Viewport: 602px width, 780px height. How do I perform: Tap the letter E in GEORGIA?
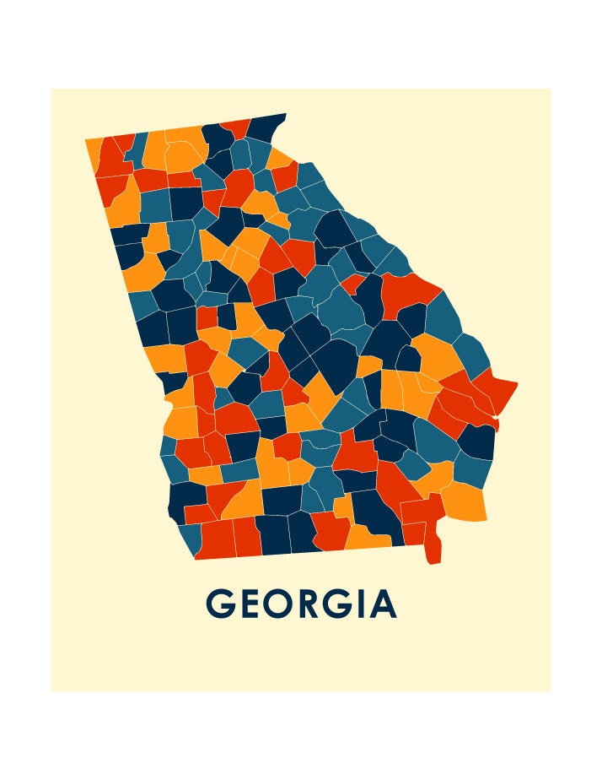254,604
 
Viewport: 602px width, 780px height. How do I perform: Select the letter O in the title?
285,604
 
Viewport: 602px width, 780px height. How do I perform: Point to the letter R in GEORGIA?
318,604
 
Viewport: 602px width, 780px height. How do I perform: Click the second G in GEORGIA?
348,604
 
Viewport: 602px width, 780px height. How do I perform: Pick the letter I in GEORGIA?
370,604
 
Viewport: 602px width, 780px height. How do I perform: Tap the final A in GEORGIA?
385,604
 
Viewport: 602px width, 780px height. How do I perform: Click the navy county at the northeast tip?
268,127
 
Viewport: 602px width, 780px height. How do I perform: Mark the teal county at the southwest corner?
191,537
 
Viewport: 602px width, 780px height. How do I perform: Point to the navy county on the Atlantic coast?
476,441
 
